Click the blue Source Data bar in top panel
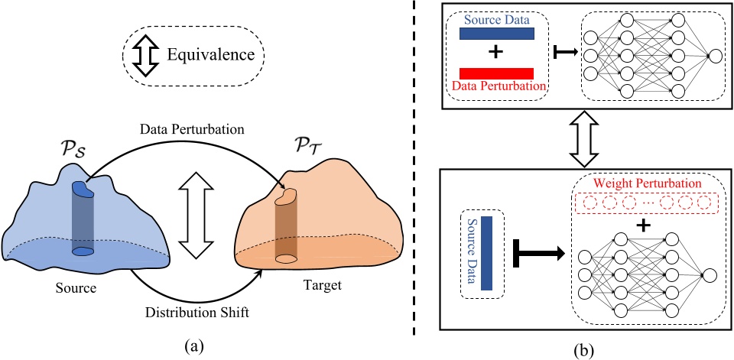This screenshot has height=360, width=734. point(496,34)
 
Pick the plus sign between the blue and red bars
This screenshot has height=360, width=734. point(497,54)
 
